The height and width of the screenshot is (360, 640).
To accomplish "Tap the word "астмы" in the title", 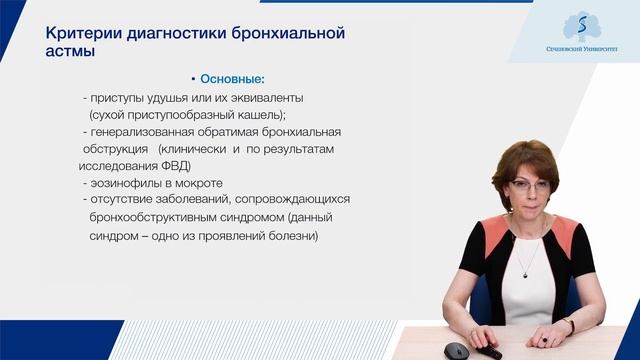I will [71, 52].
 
